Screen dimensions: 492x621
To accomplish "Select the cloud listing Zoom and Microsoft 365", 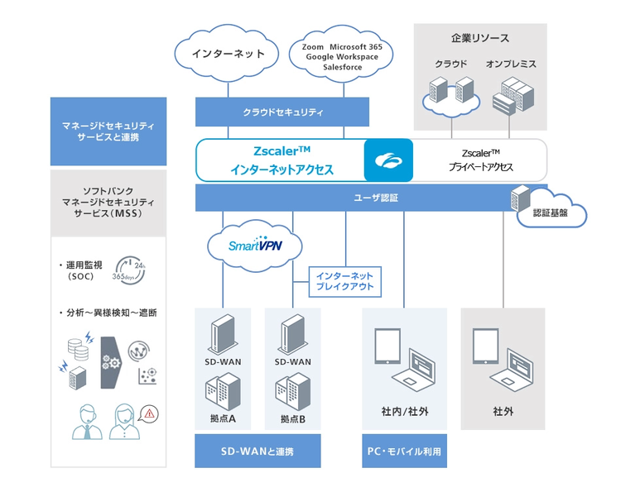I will point(335,56).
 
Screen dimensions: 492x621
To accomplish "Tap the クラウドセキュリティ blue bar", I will point(282,112).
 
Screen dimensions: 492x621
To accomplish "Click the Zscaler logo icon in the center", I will point(388,160).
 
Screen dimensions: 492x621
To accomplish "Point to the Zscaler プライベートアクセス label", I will point(480,160).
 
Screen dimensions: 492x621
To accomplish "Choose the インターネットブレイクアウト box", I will point(344,280).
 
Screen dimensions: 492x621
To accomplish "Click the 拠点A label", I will point(223,418).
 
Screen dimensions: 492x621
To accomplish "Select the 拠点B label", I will point(292,418).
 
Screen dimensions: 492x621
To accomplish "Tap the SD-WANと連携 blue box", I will point(258,451).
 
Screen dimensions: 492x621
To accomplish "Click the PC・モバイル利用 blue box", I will point(404,451).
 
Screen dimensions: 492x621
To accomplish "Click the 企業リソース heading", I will point(479,38).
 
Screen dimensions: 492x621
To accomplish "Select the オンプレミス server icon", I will point(510,95).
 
